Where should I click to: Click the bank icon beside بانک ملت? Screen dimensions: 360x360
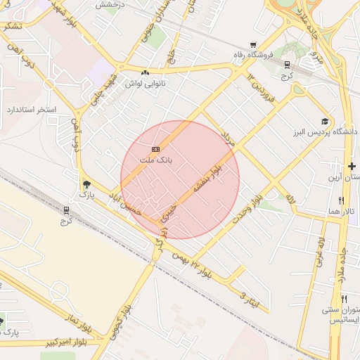(x=155, y=149)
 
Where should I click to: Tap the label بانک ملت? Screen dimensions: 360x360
(x=155, y=160)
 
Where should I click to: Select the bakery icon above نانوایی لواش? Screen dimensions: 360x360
(x=145, y=72)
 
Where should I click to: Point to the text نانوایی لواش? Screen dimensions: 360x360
(x=145, y=83)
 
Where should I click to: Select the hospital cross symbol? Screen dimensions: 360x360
(x=352, y=165)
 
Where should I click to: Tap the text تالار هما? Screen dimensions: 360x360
(x=345, y=212)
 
